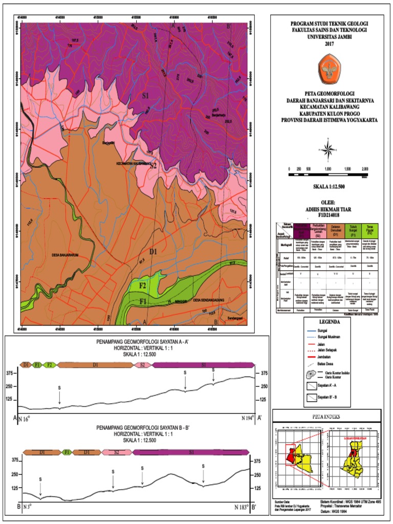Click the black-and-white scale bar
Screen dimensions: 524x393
[x=329, y=175]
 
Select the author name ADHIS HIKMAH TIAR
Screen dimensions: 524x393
[x=329, y=209]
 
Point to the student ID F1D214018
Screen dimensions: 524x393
[x=329, y=215]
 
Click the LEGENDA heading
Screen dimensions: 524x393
[x=329, y=323]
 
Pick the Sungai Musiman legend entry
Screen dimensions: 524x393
[x=326, y=337]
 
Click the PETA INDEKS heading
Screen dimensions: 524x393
[x=328, y=417]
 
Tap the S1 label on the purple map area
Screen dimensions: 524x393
[x=145, y=96]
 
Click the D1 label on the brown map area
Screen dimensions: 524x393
[x=152, y=251]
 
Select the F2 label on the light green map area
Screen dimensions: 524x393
[x=143, y=284]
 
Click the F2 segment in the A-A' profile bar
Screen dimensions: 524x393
[x=49, y=365]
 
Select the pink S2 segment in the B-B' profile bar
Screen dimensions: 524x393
[x=117, y=452]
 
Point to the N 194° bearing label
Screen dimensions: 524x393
[x=247, y=418]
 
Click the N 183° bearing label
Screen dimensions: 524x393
[x=242, y=508]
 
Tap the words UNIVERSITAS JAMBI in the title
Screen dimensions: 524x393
[x=329, y=36]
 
